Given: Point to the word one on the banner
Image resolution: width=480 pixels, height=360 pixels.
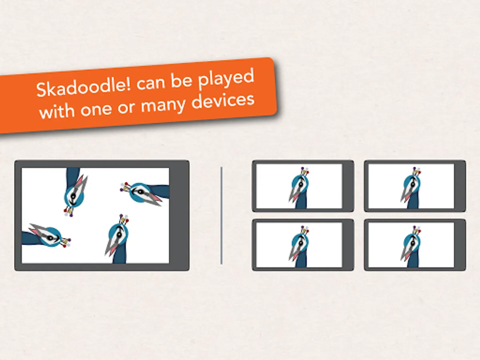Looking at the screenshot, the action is coord(96,110).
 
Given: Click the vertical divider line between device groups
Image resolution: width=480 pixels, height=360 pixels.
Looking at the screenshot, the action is coord(222,216).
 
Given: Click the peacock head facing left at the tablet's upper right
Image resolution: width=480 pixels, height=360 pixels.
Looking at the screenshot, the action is coord(144,194).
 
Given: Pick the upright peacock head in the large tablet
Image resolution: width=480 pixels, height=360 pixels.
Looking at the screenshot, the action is coord(117,239).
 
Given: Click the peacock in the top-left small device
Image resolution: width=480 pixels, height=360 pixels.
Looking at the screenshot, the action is coord(299,188).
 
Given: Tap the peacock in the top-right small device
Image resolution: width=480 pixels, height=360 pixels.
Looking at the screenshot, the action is coord(411,188).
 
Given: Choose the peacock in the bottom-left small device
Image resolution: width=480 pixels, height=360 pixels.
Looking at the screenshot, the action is coord(299,246).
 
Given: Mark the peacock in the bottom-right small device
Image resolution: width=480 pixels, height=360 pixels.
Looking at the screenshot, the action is coord(411,246).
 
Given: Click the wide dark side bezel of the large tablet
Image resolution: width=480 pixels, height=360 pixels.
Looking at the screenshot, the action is coord(179,216).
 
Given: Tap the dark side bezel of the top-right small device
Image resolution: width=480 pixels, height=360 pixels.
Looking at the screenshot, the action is coord(460,186).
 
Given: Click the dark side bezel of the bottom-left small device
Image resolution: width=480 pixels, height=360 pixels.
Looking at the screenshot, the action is coord(348,245).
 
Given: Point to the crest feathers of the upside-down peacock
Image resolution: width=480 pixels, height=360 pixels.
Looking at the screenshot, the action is coord(69,211).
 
